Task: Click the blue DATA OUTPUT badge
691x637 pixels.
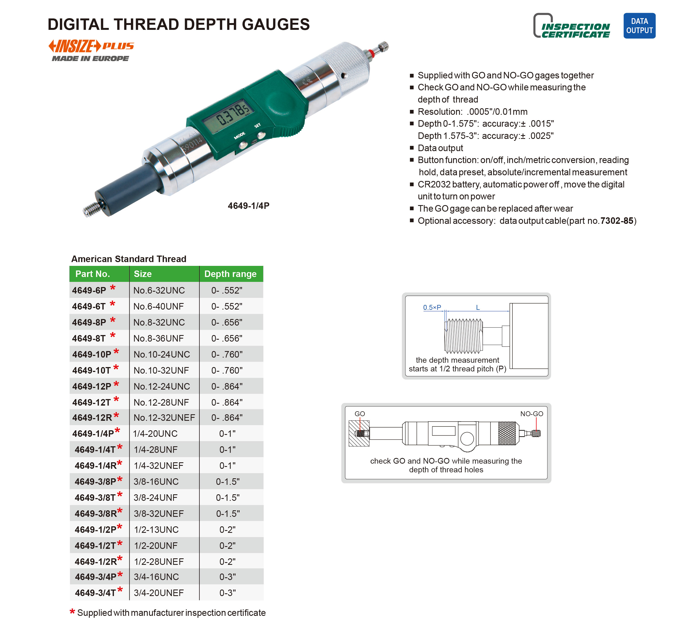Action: point(639,26)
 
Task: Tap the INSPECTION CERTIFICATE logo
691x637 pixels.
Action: point(571,26)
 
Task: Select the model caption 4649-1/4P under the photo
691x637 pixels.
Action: point(248,206)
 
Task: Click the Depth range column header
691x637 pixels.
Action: point(230,274)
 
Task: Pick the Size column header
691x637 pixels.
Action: point(143,274)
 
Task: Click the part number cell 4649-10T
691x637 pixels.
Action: point(92,371)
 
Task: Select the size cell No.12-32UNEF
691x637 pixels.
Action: point(164,418)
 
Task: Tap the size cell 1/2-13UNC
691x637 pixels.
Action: point(156,530)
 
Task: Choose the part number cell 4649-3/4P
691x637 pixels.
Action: point(96,577)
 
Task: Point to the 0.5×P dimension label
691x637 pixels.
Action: point(432,307)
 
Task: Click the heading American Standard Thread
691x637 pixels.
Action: point(128,259)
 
